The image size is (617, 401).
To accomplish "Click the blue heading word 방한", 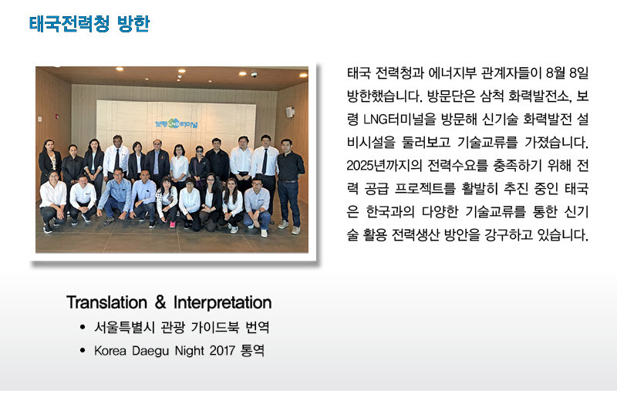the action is point(133,24).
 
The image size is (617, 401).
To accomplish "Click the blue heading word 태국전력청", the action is point(69,24).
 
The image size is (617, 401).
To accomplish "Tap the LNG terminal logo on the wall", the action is point(177,123).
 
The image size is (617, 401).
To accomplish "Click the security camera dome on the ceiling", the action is point(254,74).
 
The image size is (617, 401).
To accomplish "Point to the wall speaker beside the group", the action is point(290,112).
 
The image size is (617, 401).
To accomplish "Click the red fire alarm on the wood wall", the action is point(57,116).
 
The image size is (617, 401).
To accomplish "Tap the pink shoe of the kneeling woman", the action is point(172,224).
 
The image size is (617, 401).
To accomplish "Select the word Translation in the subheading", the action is point(106,302).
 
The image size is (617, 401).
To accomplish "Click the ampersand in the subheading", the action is point(160,302).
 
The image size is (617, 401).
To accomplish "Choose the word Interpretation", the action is point(222,302).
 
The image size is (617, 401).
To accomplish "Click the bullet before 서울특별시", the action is point(83,327).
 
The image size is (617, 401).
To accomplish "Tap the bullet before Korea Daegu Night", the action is point(83,350).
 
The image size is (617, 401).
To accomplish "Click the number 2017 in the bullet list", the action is point(222,350).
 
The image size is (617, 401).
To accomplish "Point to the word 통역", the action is point(252,350).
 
